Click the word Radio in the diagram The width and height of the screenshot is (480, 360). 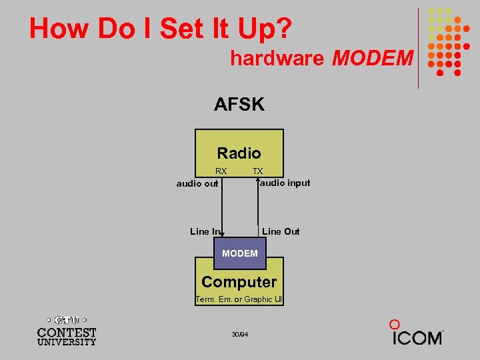tap(239, 153)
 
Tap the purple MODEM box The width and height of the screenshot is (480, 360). tap(239, 253)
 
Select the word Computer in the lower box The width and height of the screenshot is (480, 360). tap(239, 282)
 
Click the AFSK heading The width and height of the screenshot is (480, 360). tap(239, 105)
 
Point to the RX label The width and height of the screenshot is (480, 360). tap(221, 171)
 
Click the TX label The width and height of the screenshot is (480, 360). tap(257, 171)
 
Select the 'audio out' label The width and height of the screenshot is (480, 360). tap(197, 183)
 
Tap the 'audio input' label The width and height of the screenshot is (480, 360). tap(285, 183)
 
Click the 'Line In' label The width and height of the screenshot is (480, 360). tap(204, 231)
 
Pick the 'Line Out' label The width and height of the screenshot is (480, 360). tap(281, 231)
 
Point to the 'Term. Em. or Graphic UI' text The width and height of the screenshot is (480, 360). tap(239, 299)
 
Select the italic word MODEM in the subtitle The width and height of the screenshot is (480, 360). tap(372, 59)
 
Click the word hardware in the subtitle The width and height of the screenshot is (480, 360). tap(277, 59)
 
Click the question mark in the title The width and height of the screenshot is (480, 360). tap(283, 29)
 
